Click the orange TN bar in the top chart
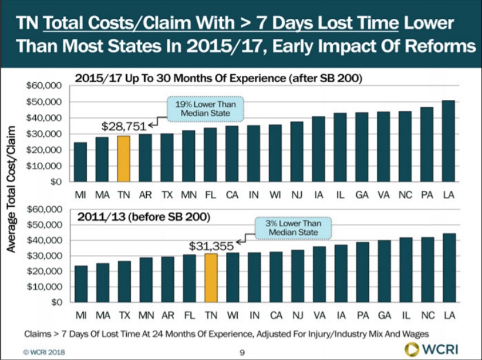pos(123,159)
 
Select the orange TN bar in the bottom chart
pos(210,278)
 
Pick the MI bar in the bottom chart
pos(80,285)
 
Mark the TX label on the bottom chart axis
pos(123,315)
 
